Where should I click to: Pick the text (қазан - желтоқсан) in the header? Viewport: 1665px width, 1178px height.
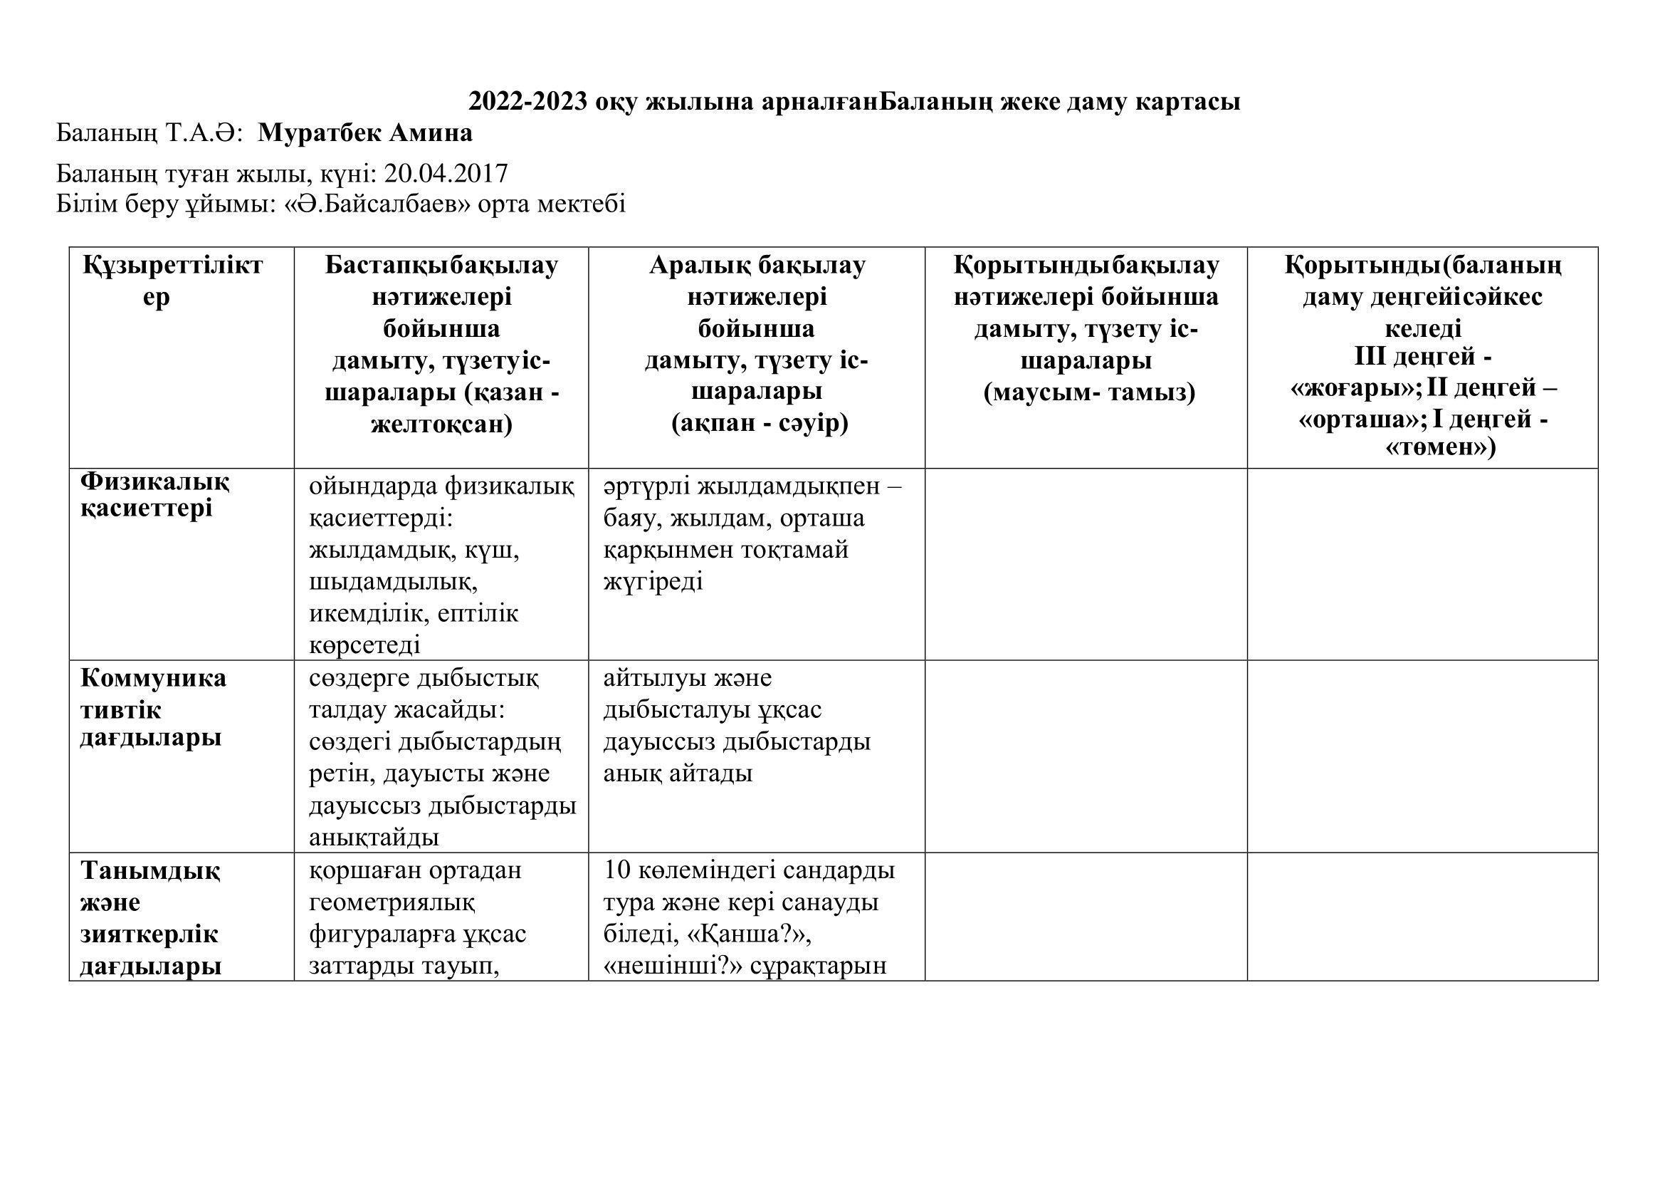[441, 408]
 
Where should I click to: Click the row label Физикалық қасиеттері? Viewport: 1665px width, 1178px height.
[154, 494]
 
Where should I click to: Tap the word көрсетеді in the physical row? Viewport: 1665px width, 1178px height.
[364, 644]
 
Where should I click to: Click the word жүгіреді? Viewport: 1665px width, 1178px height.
[653, 581]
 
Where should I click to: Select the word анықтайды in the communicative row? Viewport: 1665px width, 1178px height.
[374, 837]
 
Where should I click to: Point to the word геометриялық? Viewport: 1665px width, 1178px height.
[392, 902]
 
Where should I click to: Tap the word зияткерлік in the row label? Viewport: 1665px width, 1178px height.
[149, 934]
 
